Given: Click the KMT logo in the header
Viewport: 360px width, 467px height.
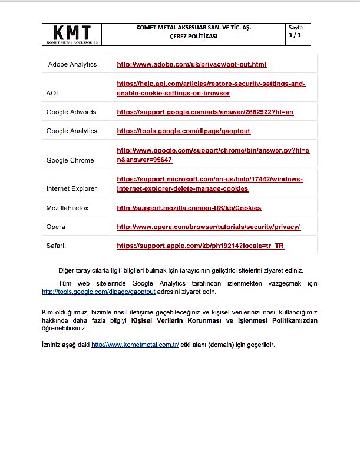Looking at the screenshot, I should point(72,34).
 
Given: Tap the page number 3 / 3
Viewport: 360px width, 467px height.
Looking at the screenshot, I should point(294,36).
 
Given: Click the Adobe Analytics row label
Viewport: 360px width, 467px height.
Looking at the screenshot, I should point(72,64).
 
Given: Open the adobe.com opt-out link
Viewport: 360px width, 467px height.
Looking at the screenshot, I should point(191,64).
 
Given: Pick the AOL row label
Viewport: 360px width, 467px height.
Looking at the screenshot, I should point(53,93).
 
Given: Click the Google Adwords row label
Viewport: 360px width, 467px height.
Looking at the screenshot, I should point(71,112).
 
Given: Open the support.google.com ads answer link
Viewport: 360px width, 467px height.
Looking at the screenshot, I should point(205,112).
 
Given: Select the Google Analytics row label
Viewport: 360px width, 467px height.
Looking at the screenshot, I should point(72,131).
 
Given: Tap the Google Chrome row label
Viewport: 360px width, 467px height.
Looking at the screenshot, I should point(70,160).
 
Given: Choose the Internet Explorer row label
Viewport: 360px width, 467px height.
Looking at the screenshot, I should point(71,188).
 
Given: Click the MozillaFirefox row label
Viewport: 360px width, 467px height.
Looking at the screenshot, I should point(68,208).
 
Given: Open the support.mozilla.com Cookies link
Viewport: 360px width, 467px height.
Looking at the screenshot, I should point(189,208).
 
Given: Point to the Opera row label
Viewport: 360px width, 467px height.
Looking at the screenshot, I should point(56,227).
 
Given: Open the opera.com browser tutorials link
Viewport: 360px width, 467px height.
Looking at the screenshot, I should point(209,227).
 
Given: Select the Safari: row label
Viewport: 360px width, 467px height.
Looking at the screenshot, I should point(57,246).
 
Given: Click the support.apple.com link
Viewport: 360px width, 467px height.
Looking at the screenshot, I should point(200,246).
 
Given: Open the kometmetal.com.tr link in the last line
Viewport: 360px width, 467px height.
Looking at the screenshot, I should point(135,345).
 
